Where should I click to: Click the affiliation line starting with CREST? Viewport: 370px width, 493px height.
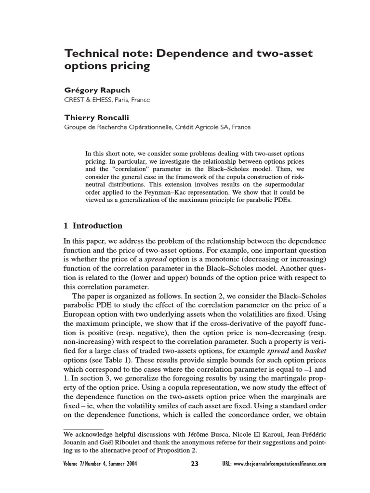107,100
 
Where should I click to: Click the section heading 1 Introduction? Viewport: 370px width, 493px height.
93,226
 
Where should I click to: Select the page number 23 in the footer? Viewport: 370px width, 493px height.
194,464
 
